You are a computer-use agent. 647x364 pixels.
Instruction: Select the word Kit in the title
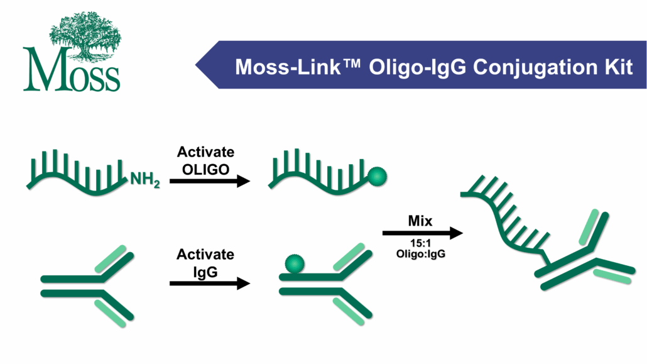(x=617, y=65)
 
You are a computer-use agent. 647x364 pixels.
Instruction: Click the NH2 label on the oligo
(x=145, y=182)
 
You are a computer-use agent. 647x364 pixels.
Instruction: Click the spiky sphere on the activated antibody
(x=291, y=264)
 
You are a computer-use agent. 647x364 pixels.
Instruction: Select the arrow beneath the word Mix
(x=422, y=233)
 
